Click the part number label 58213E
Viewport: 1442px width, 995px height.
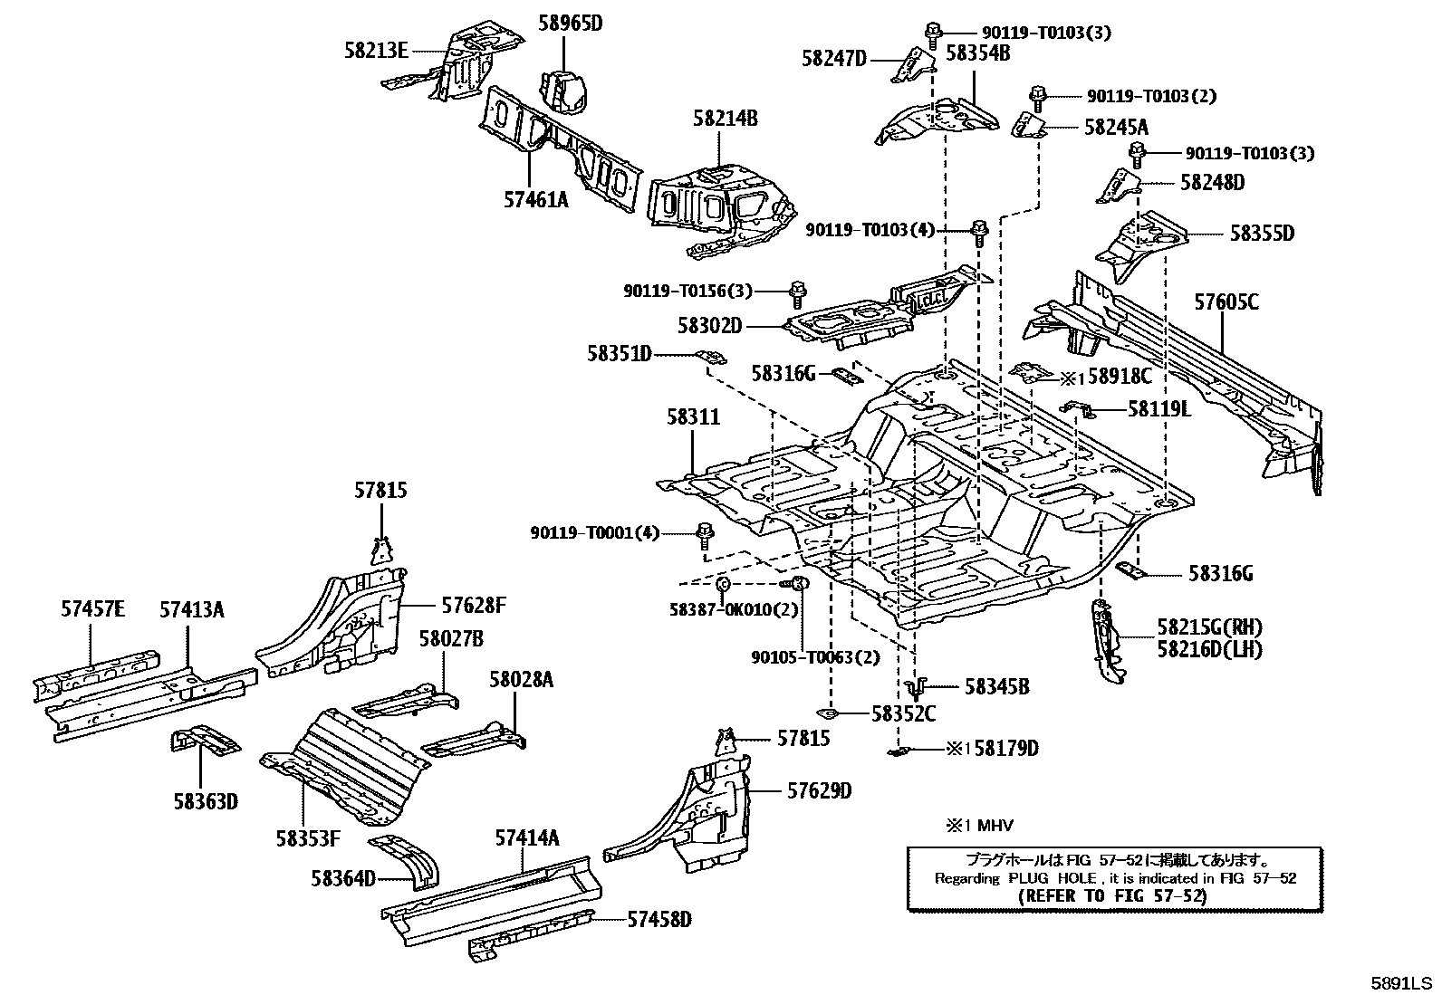click(x=375, y=51)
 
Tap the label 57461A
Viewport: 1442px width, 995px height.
click(x=535, y=199)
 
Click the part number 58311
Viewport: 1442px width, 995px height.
click(x=693, y=417)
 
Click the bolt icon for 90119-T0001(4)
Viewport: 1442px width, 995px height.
click(x=704, y=533)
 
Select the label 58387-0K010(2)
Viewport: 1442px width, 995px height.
click(x=734, y=609)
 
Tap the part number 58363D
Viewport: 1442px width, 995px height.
click(x=206, y=800)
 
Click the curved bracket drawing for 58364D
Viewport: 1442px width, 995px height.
click(x=412, y=859)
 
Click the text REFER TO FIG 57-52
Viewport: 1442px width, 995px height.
click(x=1112, y=895)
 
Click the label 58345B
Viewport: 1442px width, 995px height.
click(x=996, y=687)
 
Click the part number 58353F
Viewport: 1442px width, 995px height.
click(x=308, y=838)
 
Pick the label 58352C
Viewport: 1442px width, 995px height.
click(x=903, y=713)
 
